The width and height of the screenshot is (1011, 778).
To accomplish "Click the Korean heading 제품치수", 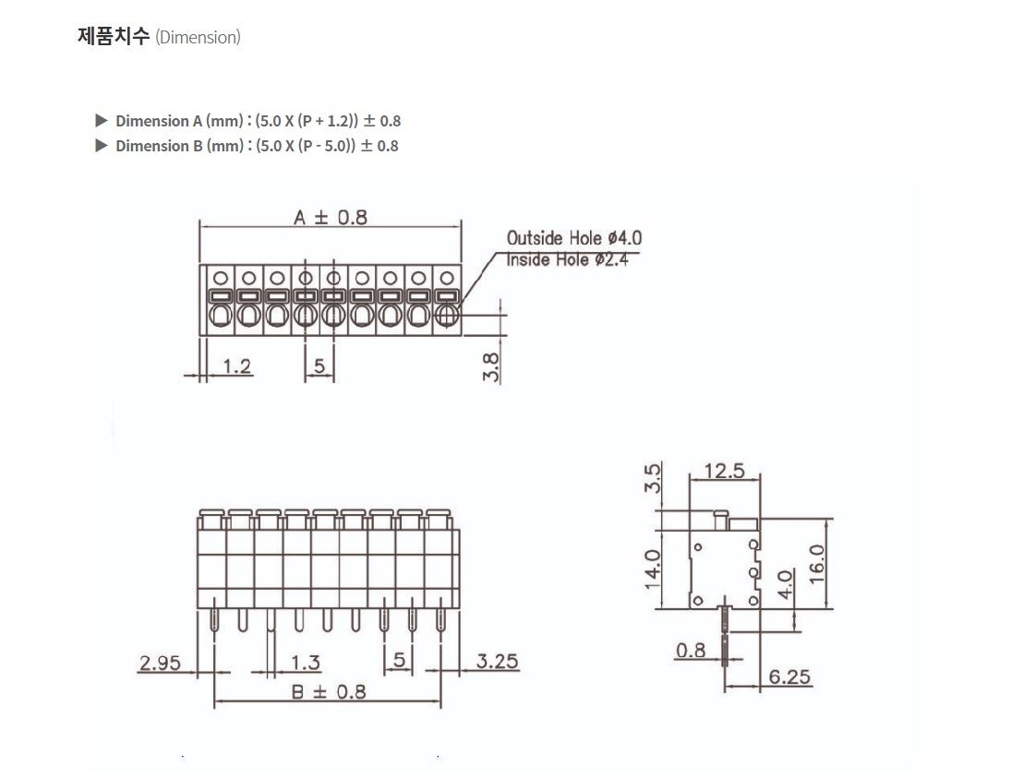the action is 114,36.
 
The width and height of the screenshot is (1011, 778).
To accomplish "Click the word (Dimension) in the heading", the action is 198,38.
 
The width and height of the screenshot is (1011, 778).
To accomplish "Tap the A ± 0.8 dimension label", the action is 331,217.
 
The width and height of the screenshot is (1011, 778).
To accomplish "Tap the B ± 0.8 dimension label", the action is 329,691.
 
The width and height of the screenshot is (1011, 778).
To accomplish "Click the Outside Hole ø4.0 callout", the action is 574,238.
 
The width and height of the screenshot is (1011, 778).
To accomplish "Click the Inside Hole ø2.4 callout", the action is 568,259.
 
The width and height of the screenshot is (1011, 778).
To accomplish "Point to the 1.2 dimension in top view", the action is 236,366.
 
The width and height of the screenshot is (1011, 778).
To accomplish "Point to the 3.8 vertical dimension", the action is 490,366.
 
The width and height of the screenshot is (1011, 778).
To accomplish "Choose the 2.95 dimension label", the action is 160,663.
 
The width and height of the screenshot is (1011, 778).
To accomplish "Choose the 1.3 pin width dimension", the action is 305,662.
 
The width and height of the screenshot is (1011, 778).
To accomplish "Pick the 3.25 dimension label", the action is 497,661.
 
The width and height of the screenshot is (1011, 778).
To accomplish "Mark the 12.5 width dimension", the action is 724,471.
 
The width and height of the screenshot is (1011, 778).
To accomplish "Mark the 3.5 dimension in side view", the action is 653,478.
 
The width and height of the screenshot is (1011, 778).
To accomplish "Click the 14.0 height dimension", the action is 653,569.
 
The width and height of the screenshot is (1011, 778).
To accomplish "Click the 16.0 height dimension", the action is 816,564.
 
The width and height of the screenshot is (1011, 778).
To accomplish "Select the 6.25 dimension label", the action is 789,676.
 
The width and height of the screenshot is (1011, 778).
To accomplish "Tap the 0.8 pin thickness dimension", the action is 691,651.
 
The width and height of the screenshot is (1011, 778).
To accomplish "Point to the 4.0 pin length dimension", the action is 785,584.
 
